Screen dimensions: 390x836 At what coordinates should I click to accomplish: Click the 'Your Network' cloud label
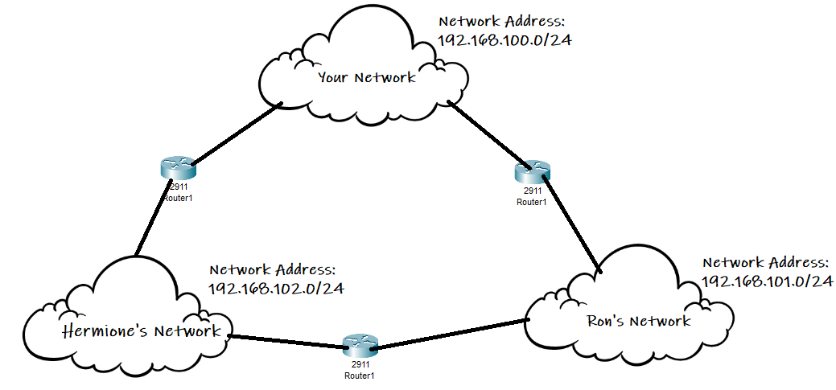pos(367,78)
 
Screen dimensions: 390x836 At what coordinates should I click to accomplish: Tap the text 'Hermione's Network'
pos(142,330)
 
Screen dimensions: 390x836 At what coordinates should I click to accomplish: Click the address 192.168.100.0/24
pos(504,39)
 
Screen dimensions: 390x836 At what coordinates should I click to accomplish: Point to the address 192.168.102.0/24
pos(276,289)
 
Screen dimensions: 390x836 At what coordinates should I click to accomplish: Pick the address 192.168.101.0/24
pos(766,281)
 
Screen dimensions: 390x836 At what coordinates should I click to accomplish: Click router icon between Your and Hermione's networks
pos(178,168)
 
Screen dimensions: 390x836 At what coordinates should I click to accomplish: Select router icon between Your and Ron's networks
pos(532,171)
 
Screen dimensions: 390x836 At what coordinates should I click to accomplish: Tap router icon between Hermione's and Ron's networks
pos(358,346)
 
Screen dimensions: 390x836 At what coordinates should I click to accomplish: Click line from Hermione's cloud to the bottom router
pos(286,341)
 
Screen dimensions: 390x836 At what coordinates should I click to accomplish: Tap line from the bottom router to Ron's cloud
pos(451,334)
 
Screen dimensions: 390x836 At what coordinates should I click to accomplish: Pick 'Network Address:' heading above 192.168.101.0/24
pos(764,262)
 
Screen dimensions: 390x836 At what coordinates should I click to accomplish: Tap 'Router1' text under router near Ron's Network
pos(532,202)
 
